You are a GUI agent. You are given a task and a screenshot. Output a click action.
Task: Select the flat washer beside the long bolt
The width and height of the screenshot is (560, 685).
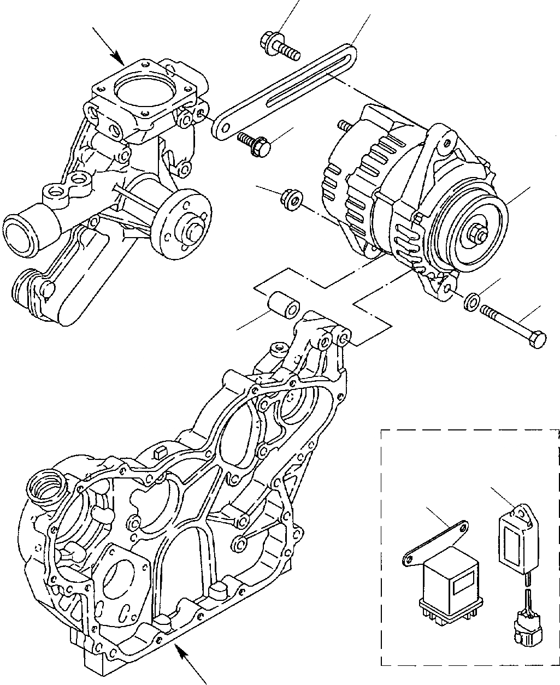click(471, 301)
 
